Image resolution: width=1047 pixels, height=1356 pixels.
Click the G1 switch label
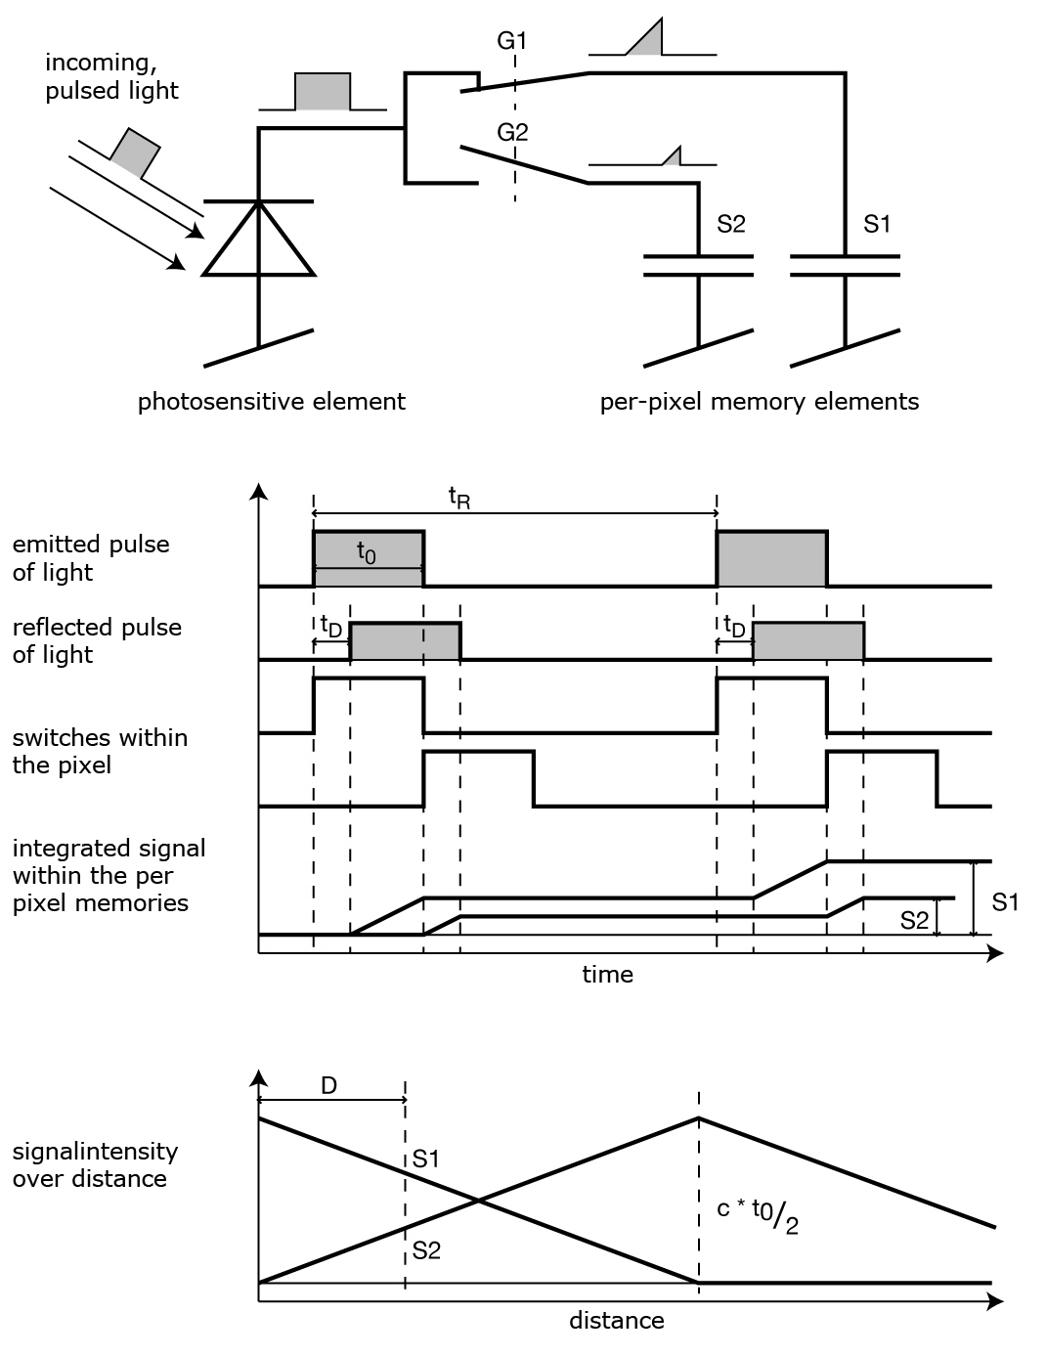tap(512, 41)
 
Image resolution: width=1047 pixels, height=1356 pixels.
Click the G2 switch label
tap(512, 133)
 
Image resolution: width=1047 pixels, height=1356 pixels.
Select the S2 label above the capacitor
tap(731, 224)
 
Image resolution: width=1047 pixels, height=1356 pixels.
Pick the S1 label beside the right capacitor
tap(877, 224)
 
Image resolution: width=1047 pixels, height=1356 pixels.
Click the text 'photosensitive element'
tap(271, 401)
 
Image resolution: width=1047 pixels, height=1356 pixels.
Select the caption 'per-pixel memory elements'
tap(760, 401)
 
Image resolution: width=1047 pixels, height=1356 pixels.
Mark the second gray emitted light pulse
tap(772, 558)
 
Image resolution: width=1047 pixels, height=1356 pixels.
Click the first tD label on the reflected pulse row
tap(331, 626)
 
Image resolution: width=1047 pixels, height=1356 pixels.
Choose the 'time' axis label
tap(607, 974)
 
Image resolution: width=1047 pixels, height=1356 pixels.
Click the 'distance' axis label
tap(616, 1321)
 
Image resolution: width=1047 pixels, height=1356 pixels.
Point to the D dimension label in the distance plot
tap(329, 1085)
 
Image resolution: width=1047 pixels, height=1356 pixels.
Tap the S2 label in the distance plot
tap(426, 1249)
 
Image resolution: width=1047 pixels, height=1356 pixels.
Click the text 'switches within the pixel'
tap(100, 751)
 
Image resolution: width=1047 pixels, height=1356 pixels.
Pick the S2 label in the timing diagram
tap(914, 919)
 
